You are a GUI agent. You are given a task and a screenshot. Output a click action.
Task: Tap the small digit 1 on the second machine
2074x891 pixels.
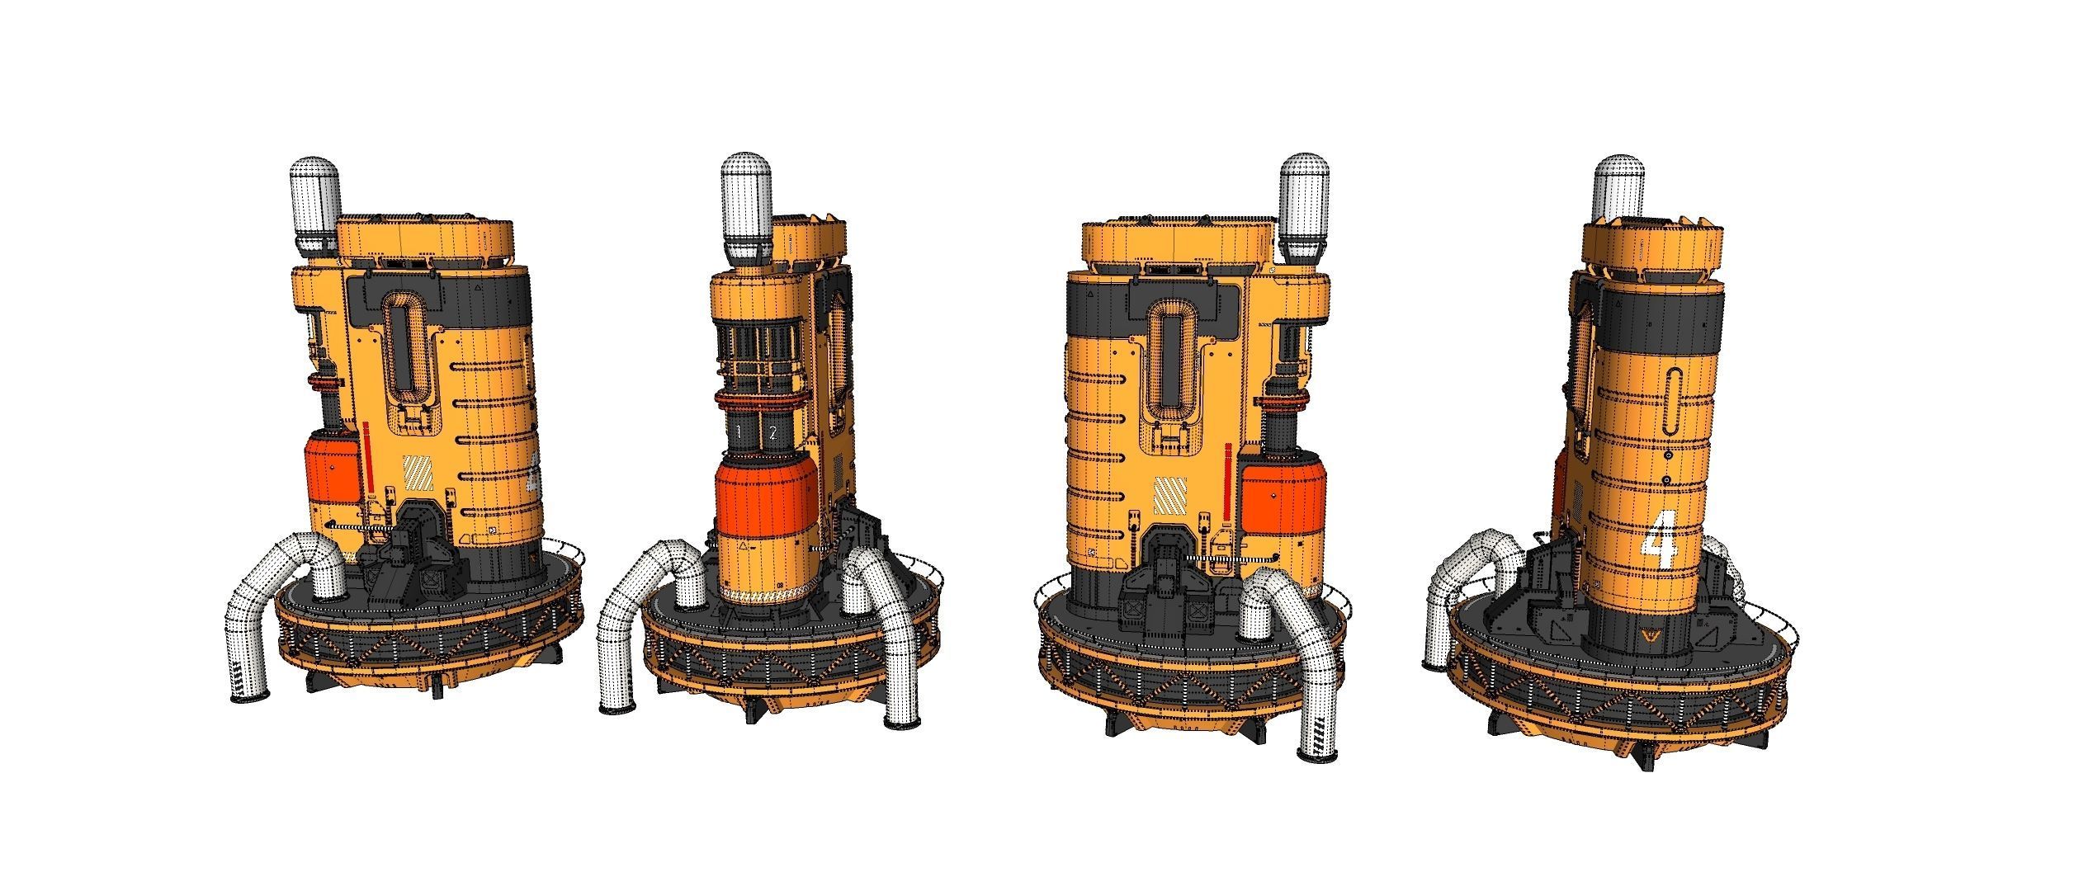pos(739,431)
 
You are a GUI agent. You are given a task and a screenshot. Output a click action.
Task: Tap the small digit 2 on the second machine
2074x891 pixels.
pos(773,431)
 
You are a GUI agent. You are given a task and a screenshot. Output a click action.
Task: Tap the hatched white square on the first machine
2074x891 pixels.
pos(417,474)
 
